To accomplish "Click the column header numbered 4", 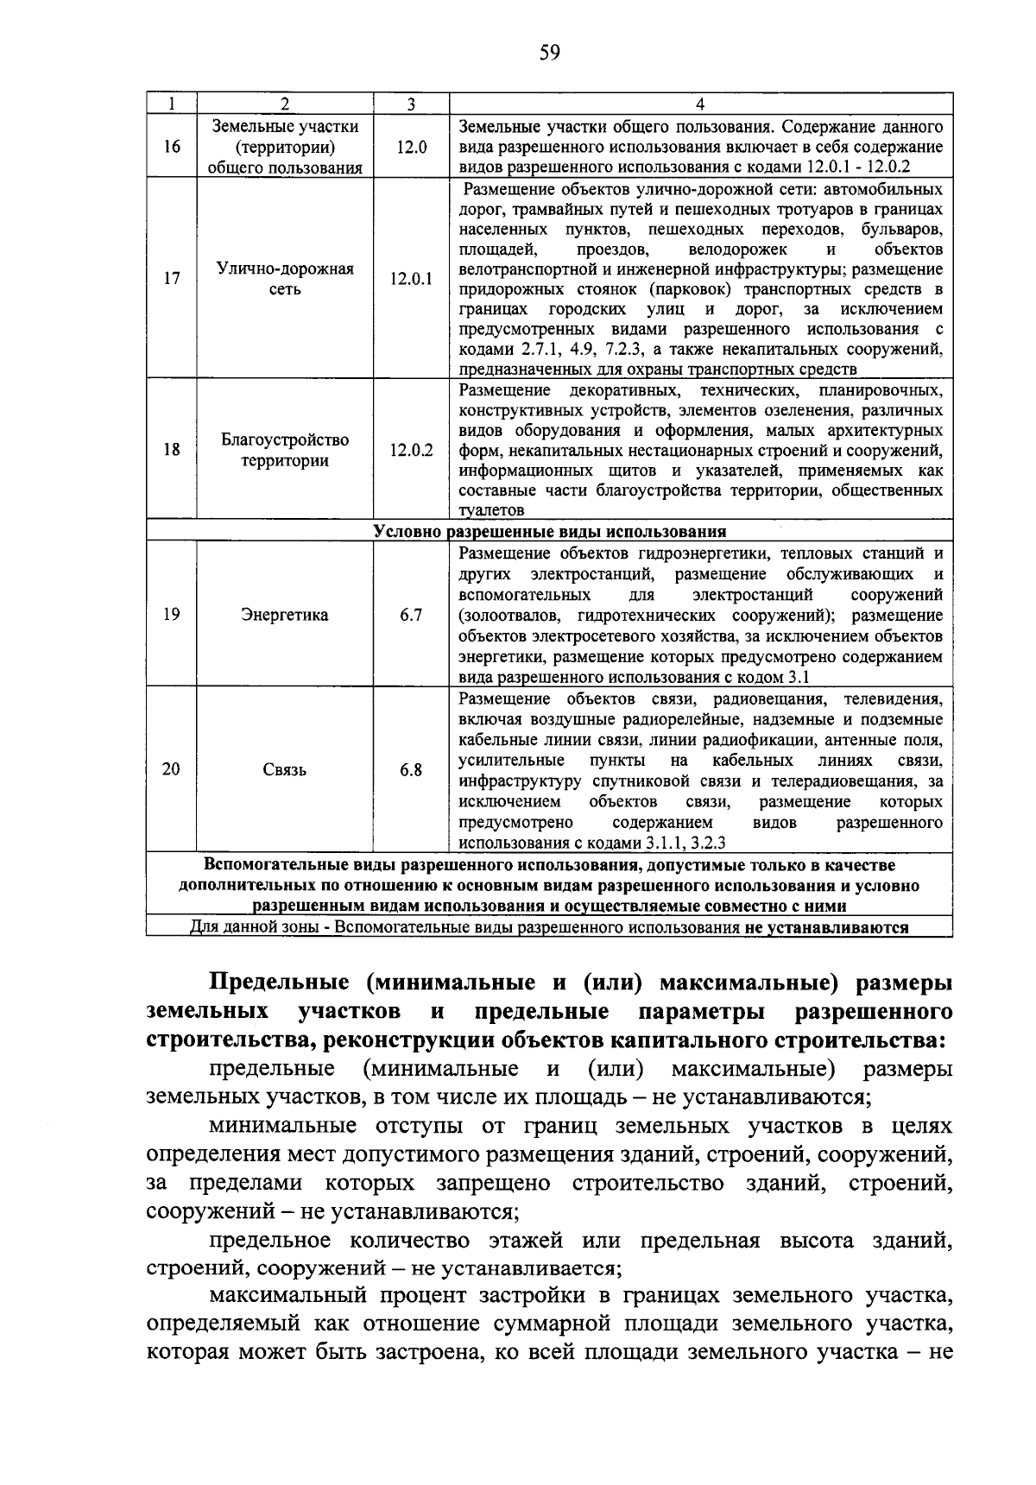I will pos(700,104).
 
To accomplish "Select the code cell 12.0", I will pos(411,148).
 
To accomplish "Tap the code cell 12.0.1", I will pos(411,279).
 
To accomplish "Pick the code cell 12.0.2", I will pos(411,450).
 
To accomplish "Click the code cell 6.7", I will pos(411,616).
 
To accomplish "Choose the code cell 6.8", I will pos(411,770).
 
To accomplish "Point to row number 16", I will pos(172,148).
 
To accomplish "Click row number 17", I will pos(172,279).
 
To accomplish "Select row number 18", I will pos(172,450).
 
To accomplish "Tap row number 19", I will pos(172,616).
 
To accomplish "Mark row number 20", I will pos(172,770).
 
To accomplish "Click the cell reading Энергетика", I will pos(285,616).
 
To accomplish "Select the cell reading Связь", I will pos(285,770).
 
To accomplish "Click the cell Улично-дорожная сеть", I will pos(285,279).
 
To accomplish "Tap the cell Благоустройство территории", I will pos(285,450).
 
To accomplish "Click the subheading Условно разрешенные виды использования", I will pos(550,532).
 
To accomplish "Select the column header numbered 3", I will pos(411,104).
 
